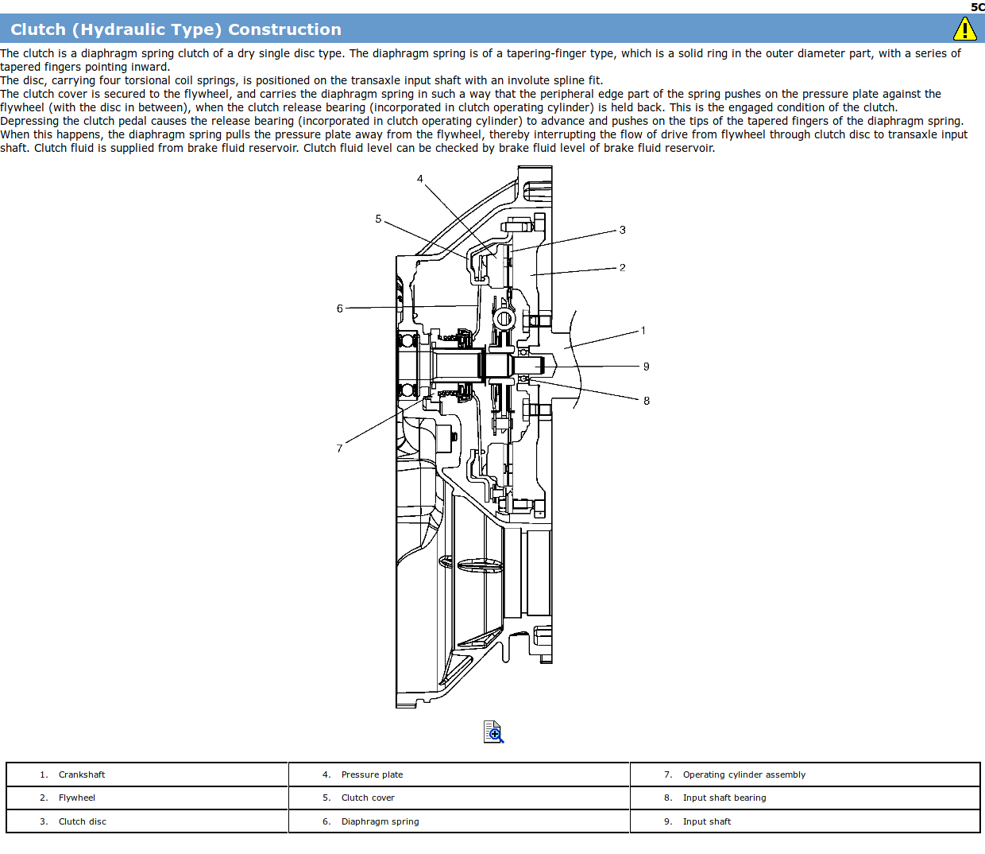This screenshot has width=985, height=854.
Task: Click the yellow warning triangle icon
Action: point(964,29)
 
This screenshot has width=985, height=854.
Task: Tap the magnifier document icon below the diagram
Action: point(493,732)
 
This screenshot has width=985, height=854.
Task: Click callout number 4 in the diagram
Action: point(420,179)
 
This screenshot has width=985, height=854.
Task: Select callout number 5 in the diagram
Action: point(378,219)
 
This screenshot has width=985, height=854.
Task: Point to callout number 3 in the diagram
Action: point(622,230)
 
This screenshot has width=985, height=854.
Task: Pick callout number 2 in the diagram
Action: point(622,268)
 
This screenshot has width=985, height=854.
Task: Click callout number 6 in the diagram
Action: point(340,309)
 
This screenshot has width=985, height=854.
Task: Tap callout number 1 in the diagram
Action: point(643,330)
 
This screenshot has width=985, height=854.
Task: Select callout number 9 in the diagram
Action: point(646,367)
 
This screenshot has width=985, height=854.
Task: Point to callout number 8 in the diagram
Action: point(646,401)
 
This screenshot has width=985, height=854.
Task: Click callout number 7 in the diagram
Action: point(339,448)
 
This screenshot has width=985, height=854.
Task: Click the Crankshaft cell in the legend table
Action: point(82,774)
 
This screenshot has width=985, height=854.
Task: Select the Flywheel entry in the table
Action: point(77,798)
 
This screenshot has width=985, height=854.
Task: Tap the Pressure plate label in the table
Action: point(373,774)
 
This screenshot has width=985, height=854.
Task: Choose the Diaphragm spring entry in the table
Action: point(380,821)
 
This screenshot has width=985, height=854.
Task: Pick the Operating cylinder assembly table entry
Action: point(744,774)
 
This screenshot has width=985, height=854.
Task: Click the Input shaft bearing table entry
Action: point(724,798)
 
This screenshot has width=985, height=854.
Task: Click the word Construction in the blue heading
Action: point(285,29)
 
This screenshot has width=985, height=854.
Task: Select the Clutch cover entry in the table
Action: point(368,798)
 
